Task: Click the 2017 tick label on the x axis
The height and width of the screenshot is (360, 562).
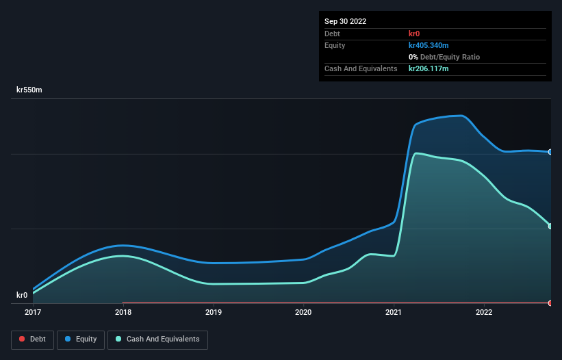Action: (33, 312)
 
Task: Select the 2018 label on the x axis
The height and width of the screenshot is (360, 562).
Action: (123, 312)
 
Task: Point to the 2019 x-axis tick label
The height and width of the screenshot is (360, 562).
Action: (214, 312)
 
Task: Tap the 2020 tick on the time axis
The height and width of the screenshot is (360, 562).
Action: (303, 312)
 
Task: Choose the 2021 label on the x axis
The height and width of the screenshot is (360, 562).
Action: (394, 312)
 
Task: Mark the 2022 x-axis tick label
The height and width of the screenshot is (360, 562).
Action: (484, 312)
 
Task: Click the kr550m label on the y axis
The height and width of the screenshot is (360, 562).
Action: (31, 90)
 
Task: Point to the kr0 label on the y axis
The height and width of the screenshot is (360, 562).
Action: (22, 295)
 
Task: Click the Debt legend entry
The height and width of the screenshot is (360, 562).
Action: (32, 339)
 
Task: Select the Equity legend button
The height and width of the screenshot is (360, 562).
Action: (81, 339)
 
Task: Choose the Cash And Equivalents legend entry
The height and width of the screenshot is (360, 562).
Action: (157, 339)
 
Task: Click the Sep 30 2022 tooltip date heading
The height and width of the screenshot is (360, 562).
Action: (345, 21)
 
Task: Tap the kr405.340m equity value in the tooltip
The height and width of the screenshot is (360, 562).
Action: (429, 45)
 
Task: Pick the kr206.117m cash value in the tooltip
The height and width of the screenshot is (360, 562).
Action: (429, 68)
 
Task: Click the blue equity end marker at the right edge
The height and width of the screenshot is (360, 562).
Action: (550, 152)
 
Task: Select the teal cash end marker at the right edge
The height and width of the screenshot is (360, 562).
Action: (550, 226)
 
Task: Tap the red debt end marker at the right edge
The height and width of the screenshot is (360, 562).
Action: (550, 303)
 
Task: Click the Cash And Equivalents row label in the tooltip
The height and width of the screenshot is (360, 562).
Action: (361, 68)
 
